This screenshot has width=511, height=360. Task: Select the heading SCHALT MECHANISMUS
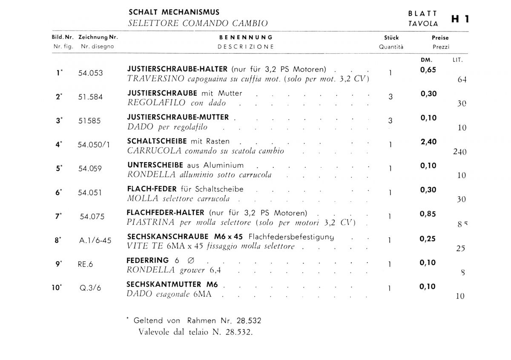[x=174, y=12]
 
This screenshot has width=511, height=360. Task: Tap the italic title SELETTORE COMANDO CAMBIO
[x=198, y=23]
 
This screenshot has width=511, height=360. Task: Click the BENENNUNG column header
[x=246, y=37]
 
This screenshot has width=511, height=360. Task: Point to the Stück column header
[x=391, y=37]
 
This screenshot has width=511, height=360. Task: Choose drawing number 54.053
[x=90, y=73]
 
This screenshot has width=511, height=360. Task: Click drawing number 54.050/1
[x=94, y=145]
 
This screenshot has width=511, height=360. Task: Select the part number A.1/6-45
[x=95, y=240]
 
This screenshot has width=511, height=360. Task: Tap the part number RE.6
[x=85, y=264]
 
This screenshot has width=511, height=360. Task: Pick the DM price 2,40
[x=428, y=142]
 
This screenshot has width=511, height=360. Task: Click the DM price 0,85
[x=428, y=214]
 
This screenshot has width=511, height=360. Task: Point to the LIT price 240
[x=460, y=151]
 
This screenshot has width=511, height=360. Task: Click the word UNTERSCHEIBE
[x=155, y=165]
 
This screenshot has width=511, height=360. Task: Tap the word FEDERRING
[x=148, y=260]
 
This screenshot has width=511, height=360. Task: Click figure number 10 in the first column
[x=56, y=287]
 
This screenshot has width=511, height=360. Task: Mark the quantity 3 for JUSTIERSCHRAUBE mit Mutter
[x=390, y=97]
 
